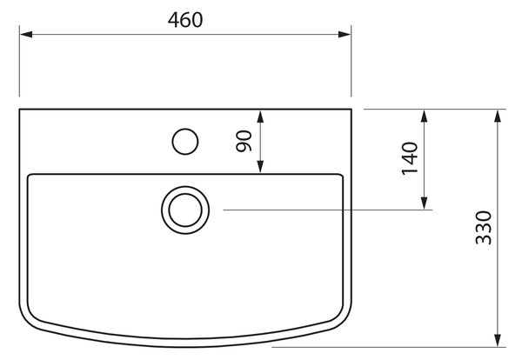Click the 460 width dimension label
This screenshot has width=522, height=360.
point(185,20)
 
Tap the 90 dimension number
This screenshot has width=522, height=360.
point(244,141)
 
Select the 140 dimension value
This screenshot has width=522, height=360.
point(410,158)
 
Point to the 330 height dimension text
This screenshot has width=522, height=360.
point(484,228)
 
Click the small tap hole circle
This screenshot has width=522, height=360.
point(172,142)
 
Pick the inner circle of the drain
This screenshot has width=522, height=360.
point(169,210)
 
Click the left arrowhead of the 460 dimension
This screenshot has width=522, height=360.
point(26,34)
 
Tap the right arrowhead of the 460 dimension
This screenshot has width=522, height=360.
point(345,34)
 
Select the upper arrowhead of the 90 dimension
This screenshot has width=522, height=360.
point(260,117)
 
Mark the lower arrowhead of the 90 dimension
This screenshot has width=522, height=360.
point(260,166)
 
